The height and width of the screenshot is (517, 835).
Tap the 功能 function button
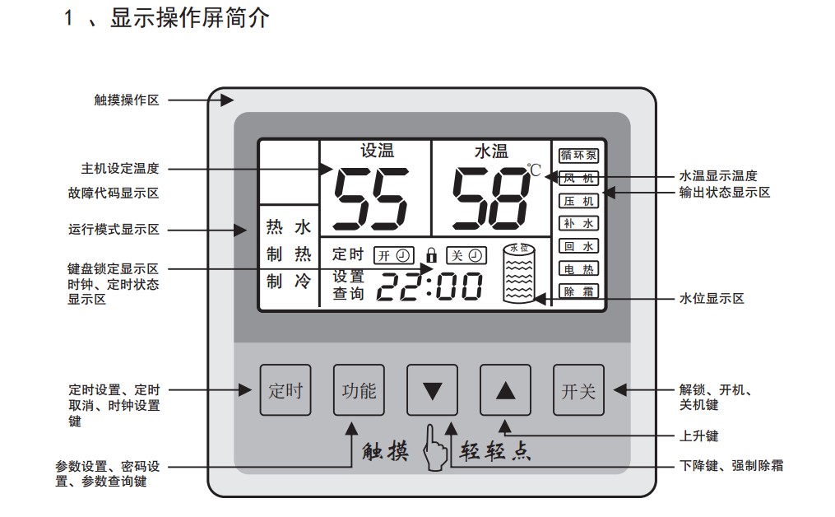click(359, 390)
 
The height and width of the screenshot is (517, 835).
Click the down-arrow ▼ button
click(432, 390)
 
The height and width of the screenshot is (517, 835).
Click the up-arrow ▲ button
click(505, 390)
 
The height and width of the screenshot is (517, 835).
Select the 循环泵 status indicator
click(579, 155)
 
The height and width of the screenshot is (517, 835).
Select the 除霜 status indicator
click(579, 291)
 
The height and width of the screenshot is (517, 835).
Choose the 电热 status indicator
click(579, 268)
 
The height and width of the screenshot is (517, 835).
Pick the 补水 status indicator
click(579, 223)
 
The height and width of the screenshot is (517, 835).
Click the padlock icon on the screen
click(431, 254)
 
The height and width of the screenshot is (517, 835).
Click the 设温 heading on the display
click(377, 151)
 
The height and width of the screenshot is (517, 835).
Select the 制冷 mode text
click(288, 282)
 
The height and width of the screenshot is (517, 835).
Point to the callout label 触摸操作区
click(127, 100)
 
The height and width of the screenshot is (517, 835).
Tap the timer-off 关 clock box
click(465, 254)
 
